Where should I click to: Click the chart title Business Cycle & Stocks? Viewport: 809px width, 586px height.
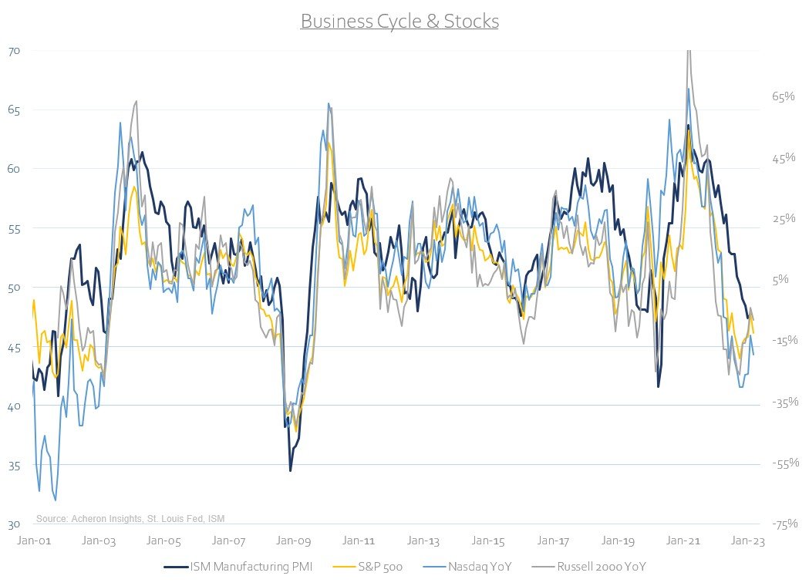tap(399, 21)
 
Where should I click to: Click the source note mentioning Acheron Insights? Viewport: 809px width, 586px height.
tap(130, 518)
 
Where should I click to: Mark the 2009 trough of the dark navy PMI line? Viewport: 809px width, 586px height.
tap(291, 470)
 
